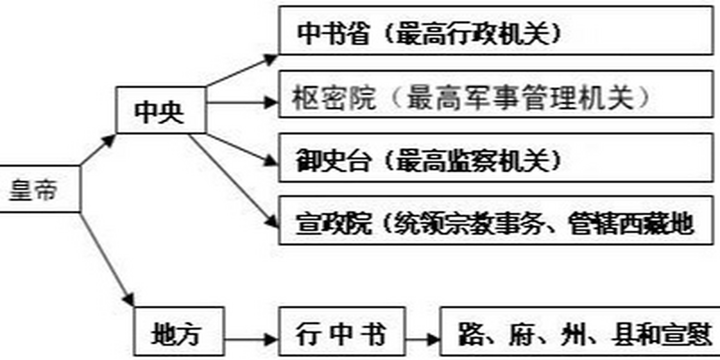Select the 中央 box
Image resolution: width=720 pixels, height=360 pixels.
click(160, 110)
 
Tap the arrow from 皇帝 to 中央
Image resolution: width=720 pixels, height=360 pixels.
click(97, 150)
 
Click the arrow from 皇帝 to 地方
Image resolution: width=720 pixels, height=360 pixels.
click(107, 259)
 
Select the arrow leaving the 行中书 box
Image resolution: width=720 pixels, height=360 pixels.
click(422, 339)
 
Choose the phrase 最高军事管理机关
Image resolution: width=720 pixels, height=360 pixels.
click(520, 98)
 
